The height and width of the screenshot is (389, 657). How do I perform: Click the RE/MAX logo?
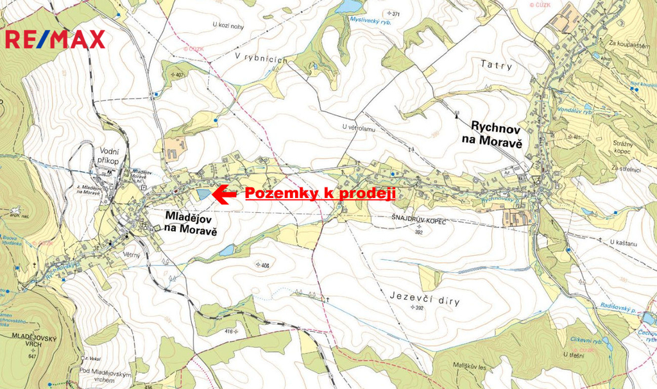tap(55, 39)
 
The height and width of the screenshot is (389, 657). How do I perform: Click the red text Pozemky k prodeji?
tap(320, 194)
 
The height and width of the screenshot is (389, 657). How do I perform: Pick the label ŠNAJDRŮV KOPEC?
tap(418, 220)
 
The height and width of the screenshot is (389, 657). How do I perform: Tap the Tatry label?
tap(494, 64)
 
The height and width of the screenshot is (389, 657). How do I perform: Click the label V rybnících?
tap(260, 57)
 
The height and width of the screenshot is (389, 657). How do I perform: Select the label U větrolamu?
tap(358, 128)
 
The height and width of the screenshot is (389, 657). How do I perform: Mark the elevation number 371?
tap(396, 14)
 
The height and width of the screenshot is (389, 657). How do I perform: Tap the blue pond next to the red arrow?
tap(203, 194)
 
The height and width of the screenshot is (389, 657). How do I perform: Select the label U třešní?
tap(574, 354)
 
